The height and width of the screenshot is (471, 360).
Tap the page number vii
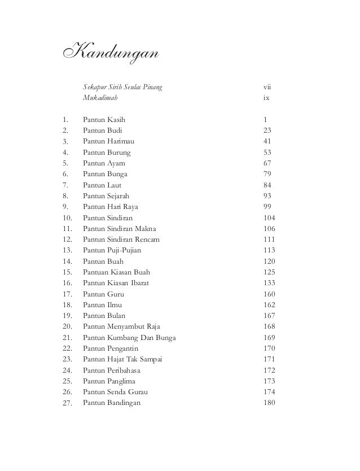pyautogui.click(x=267, y=87)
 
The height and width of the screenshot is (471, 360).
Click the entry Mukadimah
pyautogui.click(x=101, y=98)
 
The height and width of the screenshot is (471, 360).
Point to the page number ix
pyautogui.click(x=266, y=98)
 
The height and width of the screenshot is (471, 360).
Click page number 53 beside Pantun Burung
pyautogui.click(x=267, y=152)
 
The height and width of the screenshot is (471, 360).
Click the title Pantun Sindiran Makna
pyautogui.click(x=120, y=229)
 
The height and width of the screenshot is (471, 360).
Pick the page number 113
pyautogui.click(x=269, y=250)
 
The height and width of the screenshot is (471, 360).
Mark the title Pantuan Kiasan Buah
pyautogui.click(x=116, y=272)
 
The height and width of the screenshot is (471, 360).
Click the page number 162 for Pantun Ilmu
pyautogui.click(x=269, y=305)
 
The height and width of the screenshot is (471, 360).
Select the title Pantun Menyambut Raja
pyautogui.click(x=121, y=327)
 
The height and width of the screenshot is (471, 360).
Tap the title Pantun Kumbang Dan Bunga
pyautogui.click(x=129, y=338)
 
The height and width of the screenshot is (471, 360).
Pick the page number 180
pyautogui.click(x=269, y=403)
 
